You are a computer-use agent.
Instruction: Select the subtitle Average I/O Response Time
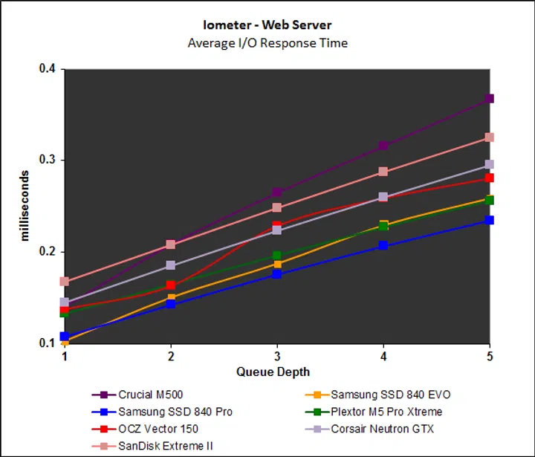coord(267,42)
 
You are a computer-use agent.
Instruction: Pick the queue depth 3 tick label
coord(276,357)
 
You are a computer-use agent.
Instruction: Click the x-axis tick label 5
coord(489,357)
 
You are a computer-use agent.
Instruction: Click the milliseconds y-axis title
coord(25,206)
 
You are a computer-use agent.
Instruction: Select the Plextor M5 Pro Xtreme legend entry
coord(386,412)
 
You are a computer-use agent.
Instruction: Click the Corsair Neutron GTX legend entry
coord(383,429)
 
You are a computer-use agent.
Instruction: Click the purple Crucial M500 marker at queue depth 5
coord(489,99)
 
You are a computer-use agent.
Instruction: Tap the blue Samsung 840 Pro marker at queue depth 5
coord(489,220)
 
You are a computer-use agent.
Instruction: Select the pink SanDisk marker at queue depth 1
coord(65,282)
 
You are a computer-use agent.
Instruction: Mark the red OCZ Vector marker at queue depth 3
coord(276,226)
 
